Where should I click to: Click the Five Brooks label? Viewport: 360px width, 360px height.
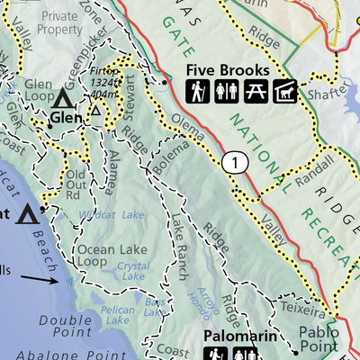pos(228,69)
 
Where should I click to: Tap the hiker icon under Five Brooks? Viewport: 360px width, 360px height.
pos(216,90)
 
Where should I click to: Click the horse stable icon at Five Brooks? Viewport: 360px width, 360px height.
pos(287,90)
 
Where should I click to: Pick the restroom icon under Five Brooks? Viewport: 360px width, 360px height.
pos(239,90)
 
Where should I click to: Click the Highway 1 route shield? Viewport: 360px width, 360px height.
pos(234,162)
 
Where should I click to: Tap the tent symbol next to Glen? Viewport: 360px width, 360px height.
pos(64,97)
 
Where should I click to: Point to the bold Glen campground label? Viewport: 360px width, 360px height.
pos(64,117)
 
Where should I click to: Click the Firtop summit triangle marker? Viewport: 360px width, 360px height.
pos(95,111)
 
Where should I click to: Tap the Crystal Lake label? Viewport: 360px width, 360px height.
pos(133,271)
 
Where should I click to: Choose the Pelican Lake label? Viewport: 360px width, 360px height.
pos(116,309)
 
